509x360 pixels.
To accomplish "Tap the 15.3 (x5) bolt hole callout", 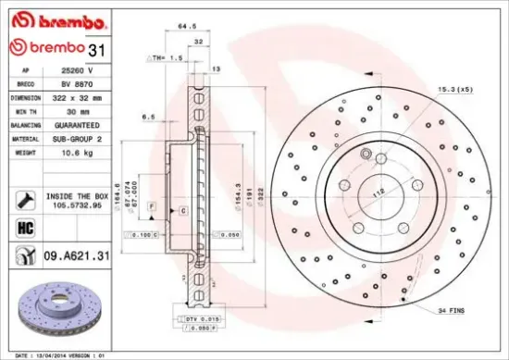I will pos(455,89).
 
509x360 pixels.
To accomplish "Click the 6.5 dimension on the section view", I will pos(148,117).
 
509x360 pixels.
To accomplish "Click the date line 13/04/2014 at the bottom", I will pos(56,354).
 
